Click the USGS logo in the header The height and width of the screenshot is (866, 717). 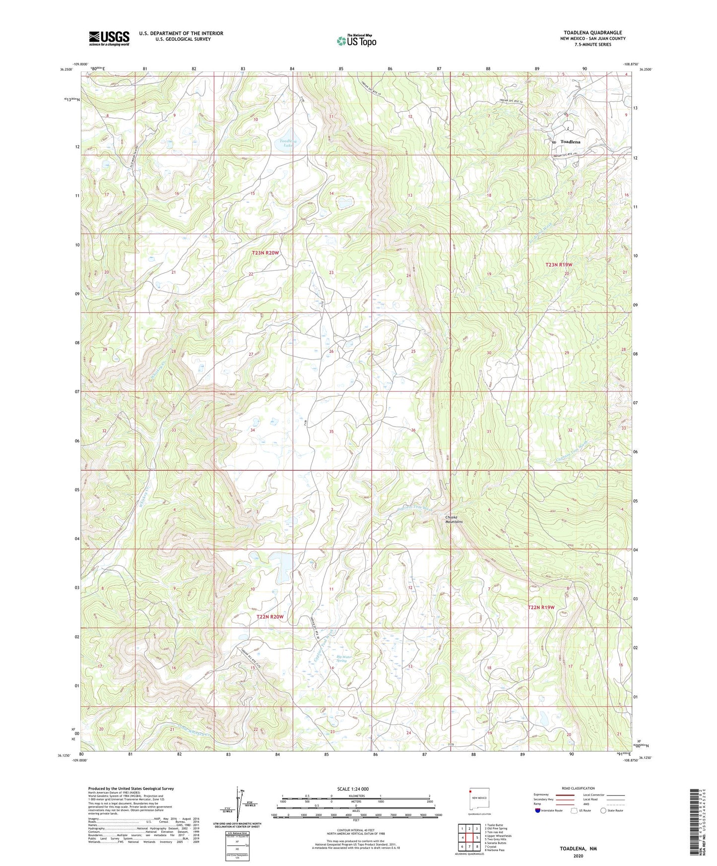coord(109,38)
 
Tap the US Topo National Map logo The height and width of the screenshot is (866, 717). coord(356,41)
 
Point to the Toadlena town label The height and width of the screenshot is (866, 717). coord(570,142)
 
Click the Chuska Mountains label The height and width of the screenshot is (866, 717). coord(454,519)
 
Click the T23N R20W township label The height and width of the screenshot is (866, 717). coord(265,253)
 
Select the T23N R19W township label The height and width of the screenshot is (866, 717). coord(559,265)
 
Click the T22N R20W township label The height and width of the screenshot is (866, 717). coord(270,617)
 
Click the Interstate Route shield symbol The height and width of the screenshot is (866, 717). coord(538,810)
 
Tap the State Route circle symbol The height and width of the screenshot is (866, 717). coord(603,810)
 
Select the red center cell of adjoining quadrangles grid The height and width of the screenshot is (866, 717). coord(469,837)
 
